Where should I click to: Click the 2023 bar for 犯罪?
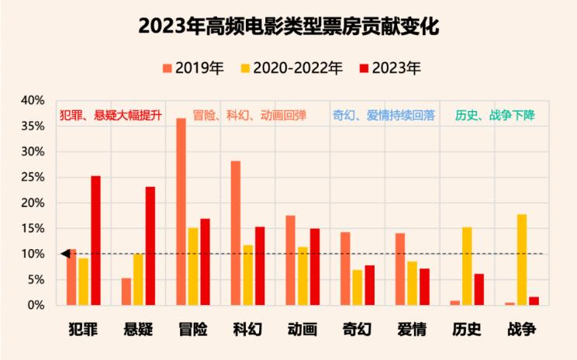(95, 241)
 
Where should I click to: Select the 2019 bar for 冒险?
(181, 212)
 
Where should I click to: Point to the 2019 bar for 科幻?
(236, 233)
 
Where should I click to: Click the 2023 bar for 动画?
(315, 267)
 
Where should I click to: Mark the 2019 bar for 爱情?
(400, 269)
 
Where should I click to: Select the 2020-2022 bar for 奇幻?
(358, 287)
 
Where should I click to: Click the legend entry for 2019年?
(193, 68)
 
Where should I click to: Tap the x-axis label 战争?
(522, 329)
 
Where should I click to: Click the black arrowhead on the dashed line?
(65, 254)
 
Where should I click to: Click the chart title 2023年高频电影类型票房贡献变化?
(288, 26)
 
